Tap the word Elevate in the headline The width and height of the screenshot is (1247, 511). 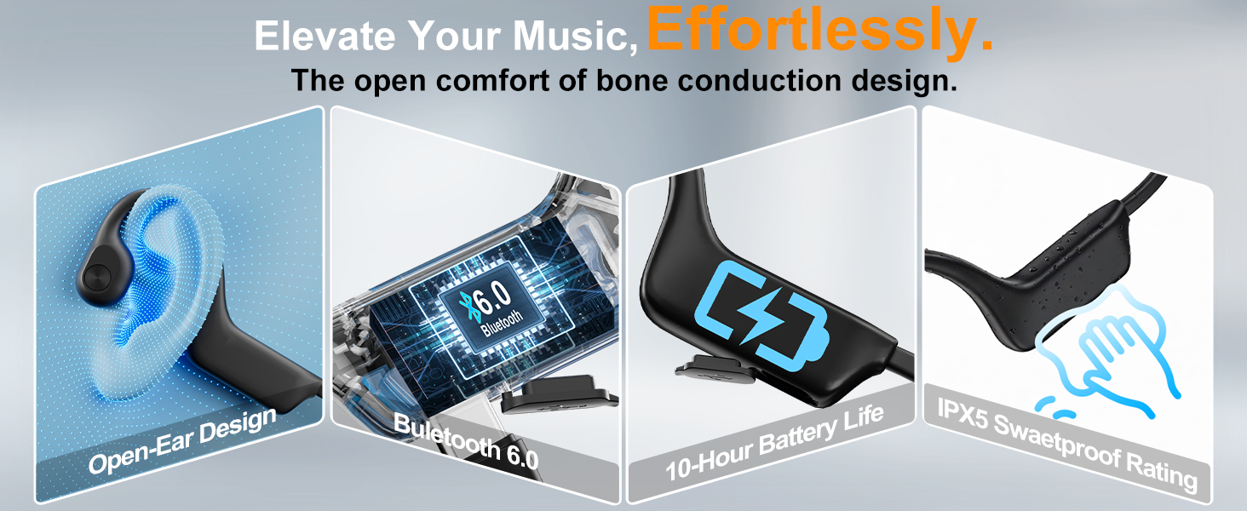pyautogui.click(x=325, y=36)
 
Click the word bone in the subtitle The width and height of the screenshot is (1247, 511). pyautogui.click(x=631, y=80)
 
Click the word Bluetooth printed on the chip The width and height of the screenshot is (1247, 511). pyautogui.click(x=503, y=324)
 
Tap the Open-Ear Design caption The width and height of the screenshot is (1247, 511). pyautogui.click(x=182, y=440)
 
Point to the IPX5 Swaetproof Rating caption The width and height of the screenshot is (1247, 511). pyautogui.click(x=1067, y=445)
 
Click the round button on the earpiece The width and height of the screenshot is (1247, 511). pyautogui.click(x=96, y=276)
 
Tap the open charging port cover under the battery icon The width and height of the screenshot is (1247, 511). pyautogui.click(x=715, y=370)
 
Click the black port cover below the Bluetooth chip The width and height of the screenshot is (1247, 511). pyautogui.click(x=559, y=394)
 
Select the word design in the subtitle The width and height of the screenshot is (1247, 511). pyautogui.click(x=904, y=80)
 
